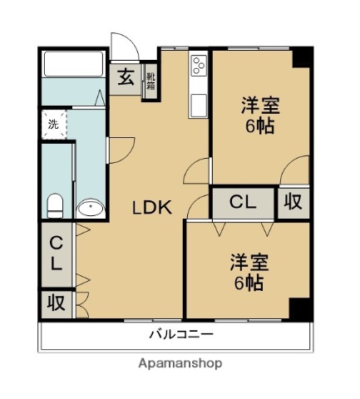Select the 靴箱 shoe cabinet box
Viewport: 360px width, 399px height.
tap(151, 82)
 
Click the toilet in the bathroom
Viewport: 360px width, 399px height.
tap(56, 204)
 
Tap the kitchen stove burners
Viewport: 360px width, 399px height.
tap(199, 65)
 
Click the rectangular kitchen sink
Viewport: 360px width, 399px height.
tap(199, 106)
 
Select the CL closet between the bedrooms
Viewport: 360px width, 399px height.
tap(242, 202)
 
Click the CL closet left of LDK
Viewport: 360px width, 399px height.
tap(56, 254)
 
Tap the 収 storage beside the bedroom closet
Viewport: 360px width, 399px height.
tap(294, 202)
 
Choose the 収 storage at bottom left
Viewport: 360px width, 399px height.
tap(56, 303)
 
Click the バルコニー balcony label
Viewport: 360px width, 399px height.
tap(181, 335)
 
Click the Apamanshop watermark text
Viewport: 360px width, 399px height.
tap(179, 363)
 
